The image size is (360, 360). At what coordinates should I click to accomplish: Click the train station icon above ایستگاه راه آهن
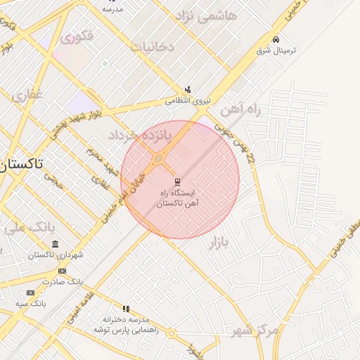[176, 181]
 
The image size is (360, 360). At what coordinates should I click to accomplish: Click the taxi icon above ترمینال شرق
[276, 40]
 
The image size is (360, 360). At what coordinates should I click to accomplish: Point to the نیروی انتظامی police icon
[188, 90]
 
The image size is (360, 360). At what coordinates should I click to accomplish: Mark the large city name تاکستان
[22, 164]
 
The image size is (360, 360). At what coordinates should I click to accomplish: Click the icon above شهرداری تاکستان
[56, 244]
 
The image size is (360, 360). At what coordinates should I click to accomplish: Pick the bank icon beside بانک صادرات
[63, 271]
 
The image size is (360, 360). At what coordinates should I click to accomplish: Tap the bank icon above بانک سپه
[30, 292]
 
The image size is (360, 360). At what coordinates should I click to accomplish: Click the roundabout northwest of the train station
[159, 159]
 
